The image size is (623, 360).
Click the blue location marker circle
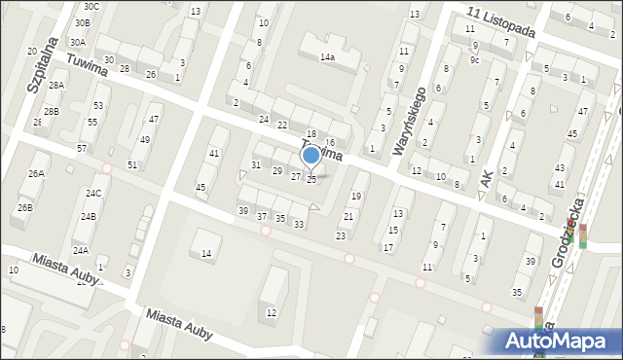[x=311, y=154]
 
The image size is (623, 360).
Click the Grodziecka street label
[x=567, y=232]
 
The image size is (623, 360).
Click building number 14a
[x=328, y=57]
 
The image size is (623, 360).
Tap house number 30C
[x=91, y=6]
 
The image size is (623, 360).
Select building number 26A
[x=36, y=174]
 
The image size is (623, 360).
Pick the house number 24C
[x=92, y=194]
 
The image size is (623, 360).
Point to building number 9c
[x=474, y=60]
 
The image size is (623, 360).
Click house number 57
[x=82, y=148]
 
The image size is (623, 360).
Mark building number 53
[x=98, y=105]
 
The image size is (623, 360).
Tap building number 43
[x=559, y=168]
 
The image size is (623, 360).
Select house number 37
[x=263, y=216]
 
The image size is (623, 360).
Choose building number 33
[x=299, y=225]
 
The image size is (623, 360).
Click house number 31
[x=256, y=165]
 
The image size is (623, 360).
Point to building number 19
[x=355, y=197]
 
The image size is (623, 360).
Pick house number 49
[x=144, y=140]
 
